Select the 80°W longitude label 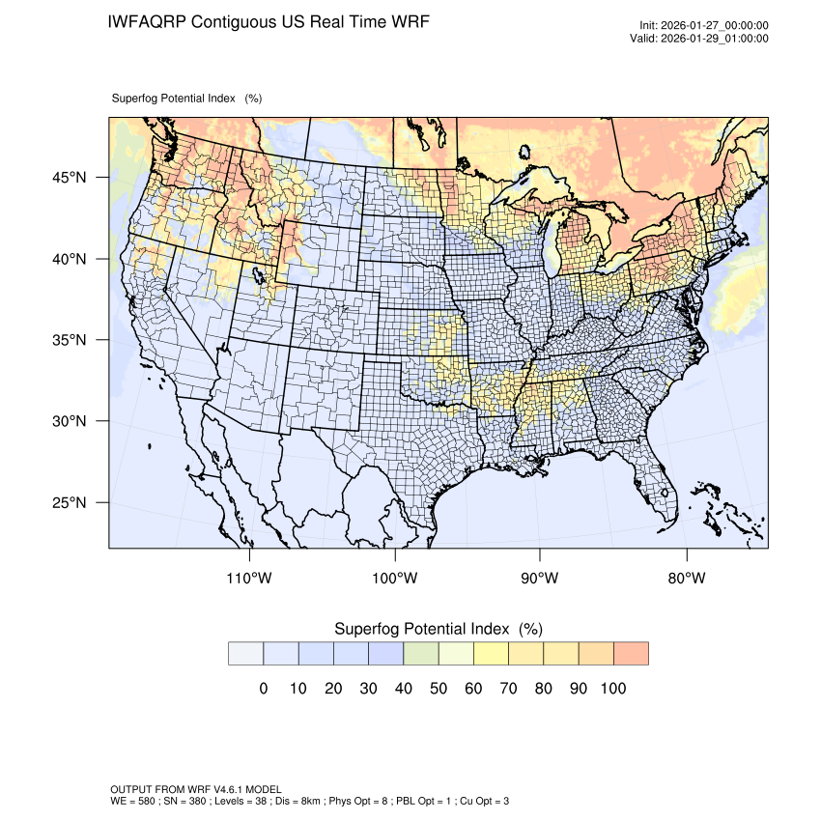click(687, 579)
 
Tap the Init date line click(704, 26)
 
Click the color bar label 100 click(612, 689)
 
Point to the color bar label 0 click(263, 689)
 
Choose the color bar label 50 click(439, 689)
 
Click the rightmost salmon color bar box click(631, 654)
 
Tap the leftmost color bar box click(245, 654)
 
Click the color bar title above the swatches click(438, 629)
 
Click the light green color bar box click(420, 654)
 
